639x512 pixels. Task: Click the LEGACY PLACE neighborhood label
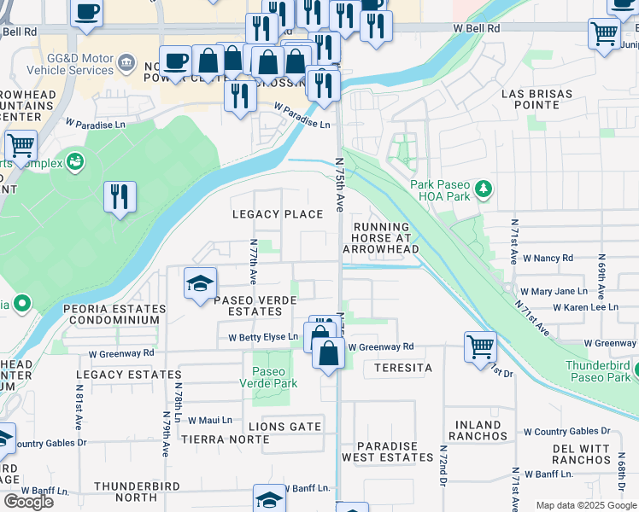pos(278,214)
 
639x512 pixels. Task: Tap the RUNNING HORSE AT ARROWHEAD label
pos(384,238)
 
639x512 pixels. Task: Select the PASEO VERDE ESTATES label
pos(255,305)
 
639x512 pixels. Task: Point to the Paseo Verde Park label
pos(275,377)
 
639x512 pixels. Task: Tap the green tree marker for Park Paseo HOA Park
pos(484,187)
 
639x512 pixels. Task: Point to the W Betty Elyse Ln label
pos(262,337)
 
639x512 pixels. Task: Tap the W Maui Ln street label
pos(210,420)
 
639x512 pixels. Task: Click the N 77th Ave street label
pos(254,262)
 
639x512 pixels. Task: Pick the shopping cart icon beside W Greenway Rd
pos(480,346)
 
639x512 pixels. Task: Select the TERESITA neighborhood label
pos(397,368)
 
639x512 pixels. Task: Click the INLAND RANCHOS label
pos(478,430)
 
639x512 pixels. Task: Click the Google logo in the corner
pos(28,501)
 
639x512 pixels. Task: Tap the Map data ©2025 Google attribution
pos(586,505)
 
